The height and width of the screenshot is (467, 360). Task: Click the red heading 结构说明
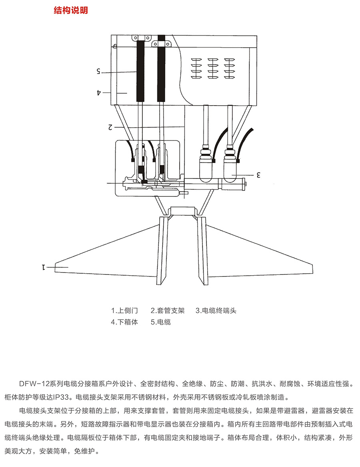point(71,10)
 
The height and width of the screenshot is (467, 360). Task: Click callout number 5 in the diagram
point(98,71)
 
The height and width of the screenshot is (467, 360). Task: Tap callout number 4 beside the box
point(99,92)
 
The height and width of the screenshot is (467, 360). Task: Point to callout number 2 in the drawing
point(110,127)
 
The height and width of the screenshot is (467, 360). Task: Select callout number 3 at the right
point(258,175)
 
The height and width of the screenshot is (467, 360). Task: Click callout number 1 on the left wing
point(44,267)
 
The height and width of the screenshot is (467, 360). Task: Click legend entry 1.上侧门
point(124,311)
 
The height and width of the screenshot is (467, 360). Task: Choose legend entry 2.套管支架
point(168,311)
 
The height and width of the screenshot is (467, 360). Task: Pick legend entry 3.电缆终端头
point(216,311)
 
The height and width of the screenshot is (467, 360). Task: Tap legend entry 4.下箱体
point(124,322)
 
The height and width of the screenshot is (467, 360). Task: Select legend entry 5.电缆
point(161,322)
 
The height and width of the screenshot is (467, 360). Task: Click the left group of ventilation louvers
point(196,68)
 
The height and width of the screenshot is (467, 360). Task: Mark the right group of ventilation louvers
point(230,68)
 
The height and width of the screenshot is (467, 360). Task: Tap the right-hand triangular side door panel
point(260,251)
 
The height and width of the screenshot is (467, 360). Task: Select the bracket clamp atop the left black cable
point(142,38)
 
